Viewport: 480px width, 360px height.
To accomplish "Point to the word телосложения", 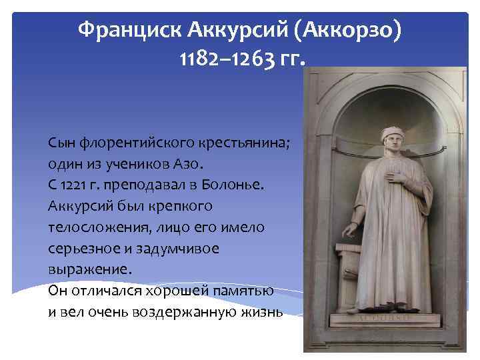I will tap(89, 227).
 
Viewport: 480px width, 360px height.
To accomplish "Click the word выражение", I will tap(86, 269).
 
